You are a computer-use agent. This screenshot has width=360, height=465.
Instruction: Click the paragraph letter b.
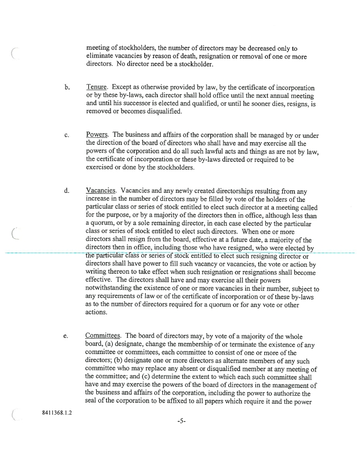(66, 88)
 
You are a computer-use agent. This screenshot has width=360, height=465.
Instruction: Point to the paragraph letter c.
(66, 135)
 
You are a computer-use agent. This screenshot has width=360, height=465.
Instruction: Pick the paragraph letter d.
(66, 191)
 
